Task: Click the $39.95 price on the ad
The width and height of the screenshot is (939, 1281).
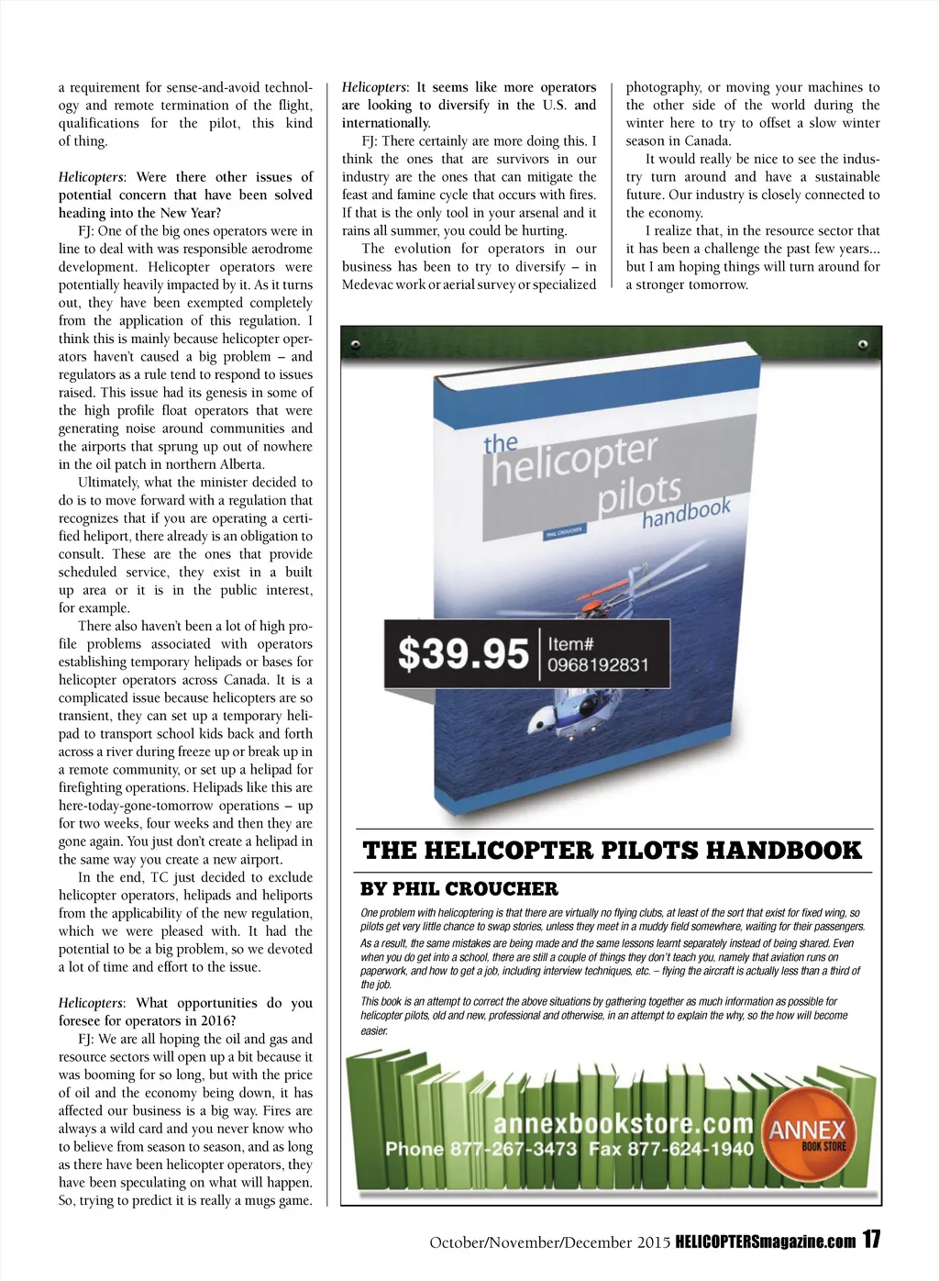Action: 463,654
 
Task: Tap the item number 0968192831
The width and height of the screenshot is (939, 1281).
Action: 598,665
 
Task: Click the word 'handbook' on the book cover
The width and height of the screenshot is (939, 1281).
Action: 686,512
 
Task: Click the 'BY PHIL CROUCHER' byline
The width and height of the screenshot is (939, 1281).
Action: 458,888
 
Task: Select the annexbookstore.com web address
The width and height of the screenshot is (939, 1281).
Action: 623,1124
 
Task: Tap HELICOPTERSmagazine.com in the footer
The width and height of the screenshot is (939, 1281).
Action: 766,1242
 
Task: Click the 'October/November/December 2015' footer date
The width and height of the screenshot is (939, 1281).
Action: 549,1242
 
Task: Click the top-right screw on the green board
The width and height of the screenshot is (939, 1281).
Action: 863,345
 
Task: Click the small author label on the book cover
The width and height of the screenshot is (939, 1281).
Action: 563,532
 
